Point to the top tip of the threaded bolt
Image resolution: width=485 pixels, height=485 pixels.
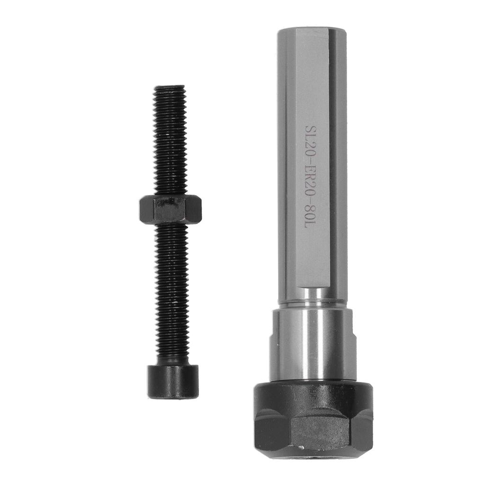click(x=169, y=88)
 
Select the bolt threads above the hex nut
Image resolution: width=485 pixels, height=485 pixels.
click(x=170, y=142)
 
